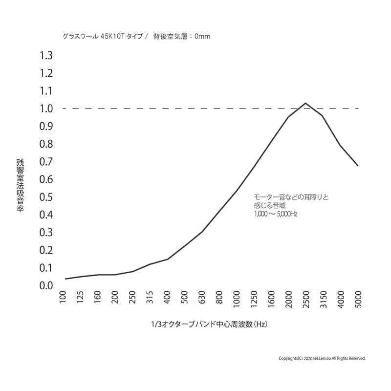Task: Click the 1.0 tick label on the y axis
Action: click(x=46, y=109)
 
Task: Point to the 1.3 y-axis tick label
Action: click(x=46, y=55)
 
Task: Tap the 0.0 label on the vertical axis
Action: click(x=46, y=285)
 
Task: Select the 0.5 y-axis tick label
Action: click(x=46, y=197)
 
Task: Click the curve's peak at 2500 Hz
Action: click(x=305, y=103)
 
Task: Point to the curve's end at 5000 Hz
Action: click(x=358, y=166)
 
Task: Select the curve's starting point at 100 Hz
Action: click(x=65, y=279)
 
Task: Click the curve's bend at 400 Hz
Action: click(x=167, y=259)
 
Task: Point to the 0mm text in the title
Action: click(x=202, y=36)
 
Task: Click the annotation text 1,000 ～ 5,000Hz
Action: click(x=276, y=214)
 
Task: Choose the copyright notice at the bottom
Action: click(x=322, y=358)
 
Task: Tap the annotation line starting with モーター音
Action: click(x=291, y=197)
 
